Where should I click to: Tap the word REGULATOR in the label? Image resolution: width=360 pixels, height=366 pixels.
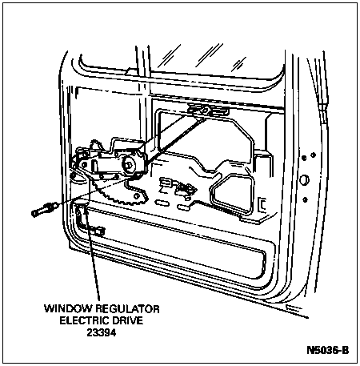[127, 308]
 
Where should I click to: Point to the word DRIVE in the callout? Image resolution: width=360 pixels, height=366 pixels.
[127, 320]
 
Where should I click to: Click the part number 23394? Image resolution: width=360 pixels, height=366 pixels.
[102, 332]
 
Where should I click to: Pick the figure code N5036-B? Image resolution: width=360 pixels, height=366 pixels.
[328, 350]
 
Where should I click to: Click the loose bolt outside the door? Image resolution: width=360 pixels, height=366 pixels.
[43, 210]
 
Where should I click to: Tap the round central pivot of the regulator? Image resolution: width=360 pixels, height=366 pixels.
[130, 166]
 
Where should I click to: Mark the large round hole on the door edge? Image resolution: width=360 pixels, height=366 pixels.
[304, 179]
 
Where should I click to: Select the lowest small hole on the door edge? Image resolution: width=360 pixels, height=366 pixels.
[306, 199]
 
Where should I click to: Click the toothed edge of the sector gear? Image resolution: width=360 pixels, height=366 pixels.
[112, 195]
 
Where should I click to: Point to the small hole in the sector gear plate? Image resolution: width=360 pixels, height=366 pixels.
[137, 196]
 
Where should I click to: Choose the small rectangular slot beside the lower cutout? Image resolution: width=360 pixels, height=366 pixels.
[262, 205]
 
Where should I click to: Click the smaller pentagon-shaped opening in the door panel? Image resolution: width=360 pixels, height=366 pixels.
[231, 193]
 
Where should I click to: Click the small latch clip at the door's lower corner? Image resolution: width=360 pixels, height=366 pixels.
[97, 231]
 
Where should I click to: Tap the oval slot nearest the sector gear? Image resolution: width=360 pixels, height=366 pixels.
[162, 203]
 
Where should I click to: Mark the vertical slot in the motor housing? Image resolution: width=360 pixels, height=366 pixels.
[94, 167]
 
